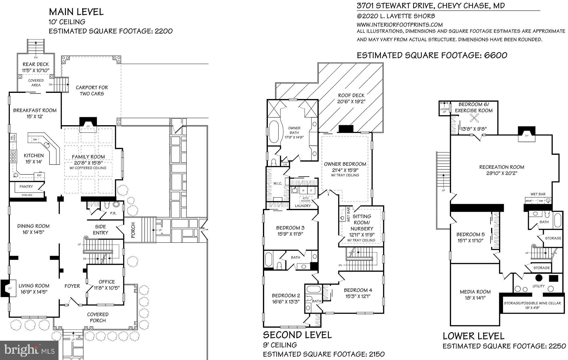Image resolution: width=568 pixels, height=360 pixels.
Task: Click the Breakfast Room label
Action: coord(35,110)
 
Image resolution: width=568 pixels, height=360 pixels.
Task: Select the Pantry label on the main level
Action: coord(26,187)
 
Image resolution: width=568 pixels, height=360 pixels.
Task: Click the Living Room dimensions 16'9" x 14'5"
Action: coord(34,292)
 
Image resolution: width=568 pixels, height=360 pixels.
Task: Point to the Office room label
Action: coord(107,282)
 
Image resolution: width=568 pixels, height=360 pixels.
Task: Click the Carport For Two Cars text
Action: coord(92,91)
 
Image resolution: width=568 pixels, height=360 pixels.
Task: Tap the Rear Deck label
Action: coord(36,64)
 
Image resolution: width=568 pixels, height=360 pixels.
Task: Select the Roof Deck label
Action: coord(351,95)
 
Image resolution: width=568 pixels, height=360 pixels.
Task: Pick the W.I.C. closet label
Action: coord(278,183)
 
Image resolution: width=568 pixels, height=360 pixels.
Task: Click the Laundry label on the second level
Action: coord(303,206)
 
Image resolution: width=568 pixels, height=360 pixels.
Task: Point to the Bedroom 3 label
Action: coord(290,228)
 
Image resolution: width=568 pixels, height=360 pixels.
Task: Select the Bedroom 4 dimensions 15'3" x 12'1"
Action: coord(358,296)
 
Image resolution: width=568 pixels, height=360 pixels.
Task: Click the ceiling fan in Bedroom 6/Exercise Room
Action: coord(473,118)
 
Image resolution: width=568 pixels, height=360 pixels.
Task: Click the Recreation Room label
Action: coord(502,167)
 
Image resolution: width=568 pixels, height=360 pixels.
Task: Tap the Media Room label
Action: coord(475,292)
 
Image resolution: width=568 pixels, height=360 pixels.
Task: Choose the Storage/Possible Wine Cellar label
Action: coord(532,303)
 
